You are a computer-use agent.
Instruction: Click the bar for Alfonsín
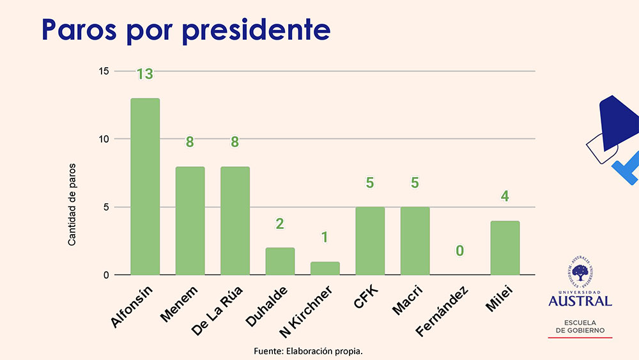[x=145, y=187]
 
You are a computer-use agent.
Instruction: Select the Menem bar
[x=190, y=221]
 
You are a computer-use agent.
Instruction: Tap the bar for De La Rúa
[x=235, y=221]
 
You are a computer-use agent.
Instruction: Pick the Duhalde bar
[x=280, y=261]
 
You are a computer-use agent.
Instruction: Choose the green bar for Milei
[x=505, y=248]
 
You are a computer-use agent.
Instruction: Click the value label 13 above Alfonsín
[x=145, y=74]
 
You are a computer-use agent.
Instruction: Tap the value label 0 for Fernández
[x=459, y=251]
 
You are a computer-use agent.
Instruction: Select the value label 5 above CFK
[x=370, y=183]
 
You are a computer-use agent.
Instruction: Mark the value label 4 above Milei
[x=505, y=197]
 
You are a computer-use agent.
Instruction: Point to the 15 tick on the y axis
[x=104, y=71]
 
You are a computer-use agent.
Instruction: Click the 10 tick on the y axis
[x=104, y=139]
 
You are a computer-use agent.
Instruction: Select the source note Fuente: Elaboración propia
[x=312, y=351]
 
